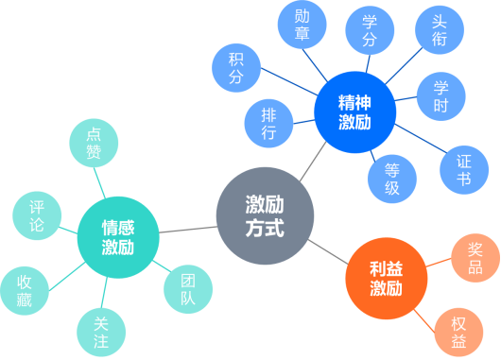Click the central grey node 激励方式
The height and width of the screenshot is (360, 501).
(264, 216)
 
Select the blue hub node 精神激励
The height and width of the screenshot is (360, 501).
(354, 111)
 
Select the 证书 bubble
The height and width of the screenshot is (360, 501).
(463, 167)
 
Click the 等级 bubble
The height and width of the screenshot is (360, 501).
(392, 177)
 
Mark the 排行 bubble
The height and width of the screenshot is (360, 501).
(268, 124)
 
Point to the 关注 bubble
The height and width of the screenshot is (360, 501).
(100, 331)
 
